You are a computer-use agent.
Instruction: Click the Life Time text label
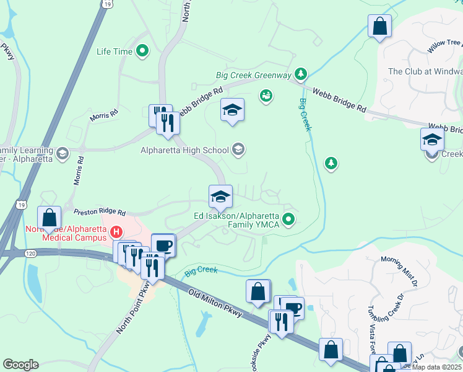(115, 51)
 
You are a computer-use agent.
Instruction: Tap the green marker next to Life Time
(142, 51)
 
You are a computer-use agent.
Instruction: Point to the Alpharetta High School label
(184, 149)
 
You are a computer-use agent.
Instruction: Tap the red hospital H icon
(115, 232)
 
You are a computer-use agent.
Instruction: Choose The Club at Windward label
(425, 71)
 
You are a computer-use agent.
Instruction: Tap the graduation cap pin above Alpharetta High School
(232, 110)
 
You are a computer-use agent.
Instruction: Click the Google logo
(20, 365)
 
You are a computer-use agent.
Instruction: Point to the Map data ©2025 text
(437, 367)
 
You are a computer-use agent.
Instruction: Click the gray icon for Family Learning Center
(62, 153)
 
